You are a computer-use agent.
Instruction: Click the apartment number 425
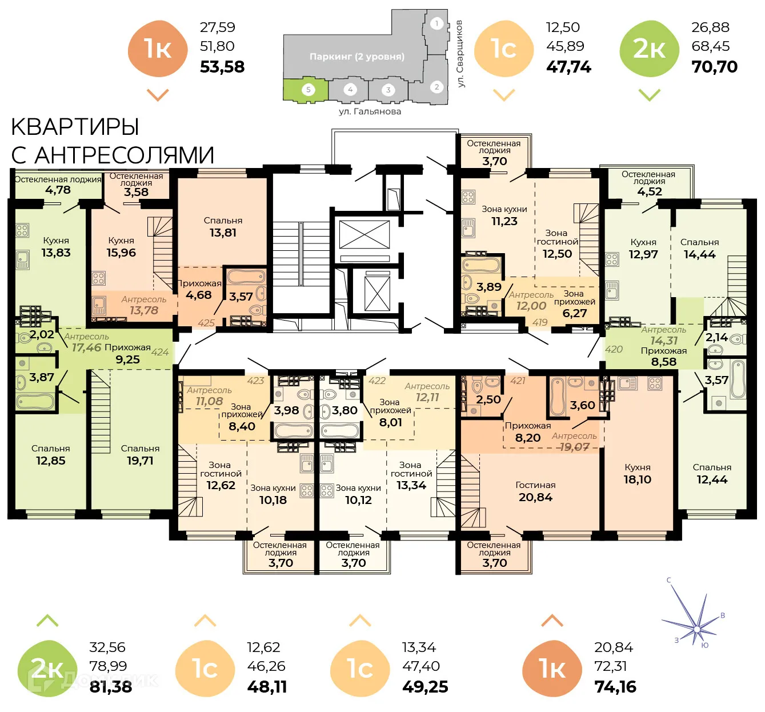point(206,323)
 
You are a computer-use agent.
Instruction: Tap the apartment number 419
point(540,322)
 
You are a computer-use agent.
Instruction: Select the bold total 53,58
point(222,67)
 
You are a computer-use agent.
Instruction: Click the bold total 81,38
point(111,686)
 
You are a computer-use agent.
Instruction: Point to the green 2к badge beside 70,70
point(650,49)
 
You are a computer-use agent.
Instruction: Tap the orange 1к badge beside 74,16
point(551,669)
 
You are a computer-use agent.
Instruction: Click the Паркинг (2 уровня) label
point(357,57)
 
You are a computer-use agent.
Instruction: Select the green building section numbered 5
point(307,90)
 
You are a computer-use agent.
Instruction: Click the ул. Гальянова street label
point(370,111)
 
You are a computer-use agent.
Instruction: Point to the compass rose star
point(696,629)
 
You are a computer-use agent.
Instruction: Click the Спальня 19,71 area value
point(140,461)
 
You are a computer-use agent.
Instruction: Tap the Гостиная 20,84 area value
point(535,497)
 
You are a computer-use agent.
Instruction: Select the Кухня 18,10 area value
point(638,479)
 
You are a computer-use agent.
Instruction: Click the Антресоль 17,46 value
point(86,347)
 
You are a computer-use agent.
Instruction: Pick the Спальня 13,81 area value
point(223,233)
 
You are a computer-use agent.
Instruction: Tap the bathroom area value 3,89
point(489,287)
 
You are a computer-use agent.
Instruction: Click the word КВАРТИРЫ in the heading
point(75,127)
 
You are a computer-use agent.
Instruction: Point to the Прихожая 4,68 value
point(198,295)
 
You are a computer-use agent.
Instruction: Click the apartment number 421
point(518,381)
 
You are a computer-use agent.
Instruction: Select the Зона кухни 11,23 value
point(504,221)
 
